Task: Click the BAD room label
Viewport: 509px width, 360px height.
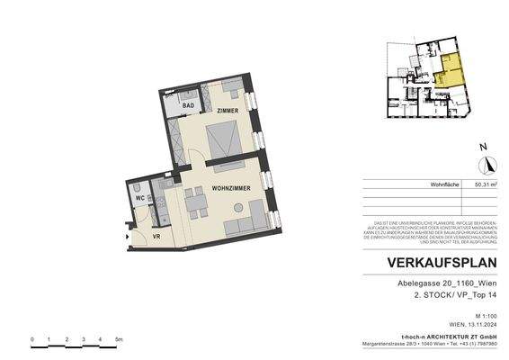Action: pyautogui.click(x=189, y=106)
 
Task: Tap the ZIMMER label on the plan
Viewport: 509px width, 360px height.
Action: pyautogui.click(x=228, y=110)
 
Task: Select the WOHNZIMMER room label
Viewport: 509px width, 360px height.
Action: pyautogui.click(x=230, y=188)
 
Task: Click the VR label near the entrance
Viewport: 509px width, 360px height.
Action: pyautogui.click(x=155, y=236)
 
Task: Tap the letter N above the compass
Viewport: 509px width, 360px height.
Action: pyautogui.click(x=483, y=146)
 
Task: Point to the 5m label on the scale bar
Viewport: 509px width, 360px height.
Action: pyautogui.click(x=119, y=339)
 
